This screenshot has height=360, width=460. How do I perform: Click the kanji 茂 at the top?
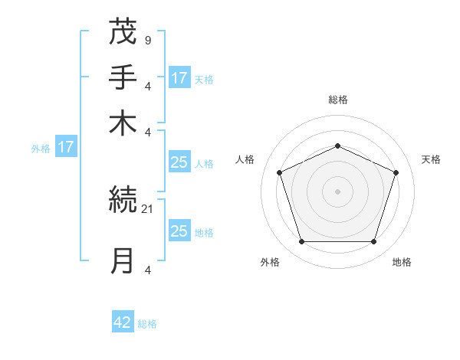[x=123, y=31]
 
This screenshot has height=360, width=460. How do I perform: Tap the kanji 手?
[x=123, y=77]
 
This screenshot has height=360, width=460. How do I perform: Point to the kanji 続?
[x=123, y=201]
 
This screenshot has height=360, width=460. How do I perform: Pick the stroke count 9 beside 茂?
[x=147, y=39]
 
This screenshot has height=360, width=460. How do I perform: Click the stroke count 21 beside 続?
[x=147, y=208]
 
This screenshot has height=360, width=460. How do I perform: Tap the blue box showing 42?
[x=123, y=322]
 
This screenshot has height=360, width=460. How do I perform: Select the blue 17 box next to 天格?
[x=179, y=77]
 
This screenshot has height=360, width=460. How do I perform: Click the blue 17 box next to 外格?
[x=66, y=146]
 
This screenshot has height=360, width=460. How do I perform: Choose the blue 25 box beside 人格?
[x=179, y=162]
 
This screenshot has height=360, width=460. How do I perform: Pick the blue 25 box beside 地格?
[x=179, y=231]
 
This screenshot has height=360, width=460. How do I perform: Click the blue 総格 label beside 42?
[x=147, y=324]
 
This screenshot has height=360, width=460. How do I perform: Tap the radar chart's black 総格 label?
[x=337, y=100]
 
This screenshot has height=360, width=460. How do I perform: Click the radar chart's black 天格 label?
[x=432, y=159]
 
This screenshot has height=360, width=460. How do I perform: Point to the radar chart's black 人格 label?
[x=245, y=159]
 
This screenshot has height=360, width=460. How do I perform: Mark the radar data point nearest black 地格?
[x=373, y=242]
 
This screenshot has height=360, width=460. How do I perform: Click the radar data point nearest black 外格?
[x=301, y=242]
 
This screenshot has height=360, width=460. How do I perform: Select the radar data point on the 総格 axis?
[x=337, y=146]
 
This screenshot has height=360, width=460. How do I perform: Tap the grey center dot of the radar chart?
[x=337, y=191]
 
